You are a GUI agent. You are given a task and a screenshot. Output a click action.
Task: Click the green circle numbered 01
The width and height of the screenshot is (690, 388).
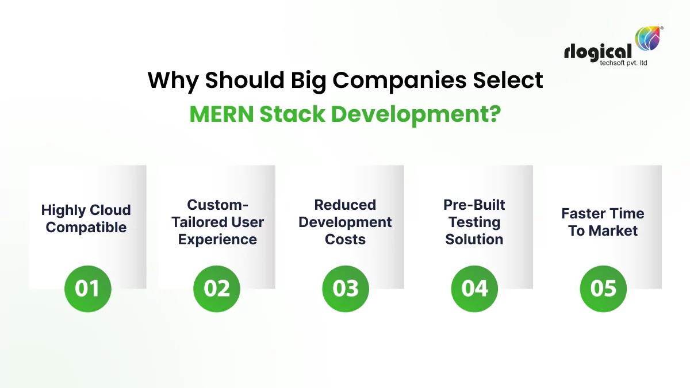pyautogui.click(x=87, y=289)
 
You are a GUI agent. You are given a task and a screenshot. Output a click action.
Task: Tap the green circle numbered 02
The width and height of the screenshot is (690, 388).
pyautogui.click(x=217, y=289)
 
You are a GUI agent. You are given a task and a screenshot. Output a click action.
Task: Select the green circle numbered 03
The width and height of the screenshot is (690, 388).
pyautogui.click(x=346, y=289)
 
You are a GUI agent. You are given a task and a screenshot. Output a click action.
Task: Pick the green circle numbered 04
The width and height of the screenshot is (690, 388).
pyautogui.click(x=474, y=289)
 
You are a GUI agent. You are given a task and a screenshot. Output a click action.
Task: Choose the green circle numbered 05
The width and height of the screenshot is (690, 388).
pyautogui.click(x=603, y=289)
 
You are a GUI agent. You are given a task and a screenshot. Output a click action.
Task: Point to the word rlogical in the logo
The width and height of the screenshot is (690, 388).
pyautogui.click(x=598, y=52)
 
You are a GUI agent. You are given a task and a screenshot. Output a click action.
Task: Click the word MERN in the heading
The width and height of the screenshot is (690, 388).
pyautogui.click(x=221, y=114)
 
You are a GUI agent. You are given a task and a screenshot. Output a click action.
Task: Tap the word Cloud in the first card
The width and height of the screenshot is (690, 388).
pyautogui.click(x=110, y=210)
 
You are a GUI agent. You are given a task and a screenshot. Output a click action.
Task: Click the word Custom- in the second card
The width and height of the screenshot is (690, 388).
pyautogui.click(x=217, y=205)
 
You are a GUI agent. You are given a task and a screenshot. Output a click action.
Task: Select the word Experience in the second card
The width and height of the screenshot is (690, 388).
pyautogui.click(x=217, y=239)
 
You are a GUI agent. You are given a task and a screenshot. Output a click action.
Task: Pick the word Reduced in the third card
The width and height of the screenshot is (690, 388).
pyautogui.click(x=345, y=205)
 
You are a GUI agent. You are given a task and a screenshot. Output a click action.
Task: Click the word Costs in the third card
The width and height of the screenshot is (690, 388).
pyautogui.click(x=345, y=239)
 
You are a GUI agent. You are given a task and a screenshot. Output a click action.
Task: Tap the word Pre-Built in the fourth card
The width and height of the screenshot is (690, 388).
pyautogui.click(x=474, y=205)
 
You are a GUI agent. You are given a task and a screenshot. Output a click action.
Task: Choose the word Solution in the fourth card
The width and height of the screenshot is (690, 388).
pyautogui.click(x=474, y=239)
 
